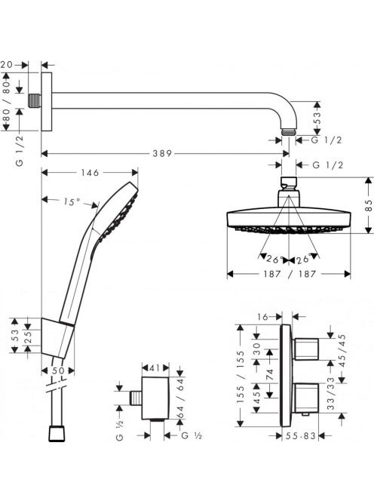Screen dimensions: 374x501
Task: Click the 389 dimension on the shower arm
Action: (162, 154)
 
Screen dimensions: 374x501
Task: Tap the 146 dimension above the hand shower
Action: (90, 173)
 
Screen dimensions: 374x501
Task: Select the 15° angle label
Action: (72, 202)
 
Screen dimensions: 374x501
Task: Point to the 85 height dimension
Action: (369, 205)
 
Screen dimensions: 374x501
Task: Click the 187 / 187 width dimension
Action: (290, 274)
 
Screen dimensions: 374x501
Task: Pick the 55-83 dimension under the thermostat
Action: (301, 436)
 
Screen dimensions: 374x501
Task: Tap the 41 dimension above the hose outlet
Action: (155, 368)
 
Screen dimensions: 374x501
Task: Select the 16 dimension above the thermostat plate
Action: (263, 317)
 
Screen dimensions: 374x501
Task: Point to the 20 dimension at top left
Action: (6, 65)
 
